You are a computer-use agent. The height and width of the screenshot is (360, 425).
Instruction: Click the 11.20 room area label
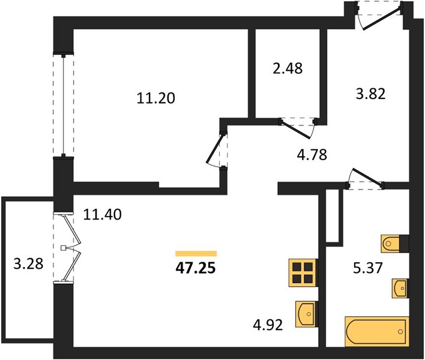(x=156, y=98)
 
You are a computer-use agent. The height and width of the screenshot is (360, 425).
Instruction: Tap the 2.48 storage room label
(x=288, y=68)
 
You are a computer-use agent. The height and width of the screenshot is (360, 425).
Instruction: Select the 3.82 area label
(x=370, y=94)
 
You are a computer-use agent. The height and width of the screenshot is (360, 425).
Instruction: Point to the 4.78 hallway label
(x=312, y=155)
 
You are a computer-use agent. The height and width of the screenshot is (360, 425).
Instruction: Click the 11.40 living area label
(x=102, y=215)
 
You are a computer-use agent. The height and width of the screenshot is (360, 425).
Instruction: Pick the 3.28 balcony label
(x=28, y=263)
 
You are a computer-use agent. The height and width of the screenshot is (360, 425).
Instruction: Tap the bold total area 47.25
(x=196, y=268)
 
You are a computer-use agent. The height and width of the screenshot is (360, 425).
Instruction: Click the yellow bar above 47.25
(x=196, y=254)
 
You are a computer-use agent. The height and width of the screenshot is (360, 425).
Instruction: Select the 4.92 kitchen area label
(x=268, y=325)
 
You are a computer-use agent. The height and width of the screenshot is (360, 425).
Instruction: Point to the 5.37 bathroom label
(x=368, y=268)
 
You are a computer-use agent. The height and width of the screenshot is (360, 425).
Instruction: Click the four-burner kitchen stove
(x=303, y=272)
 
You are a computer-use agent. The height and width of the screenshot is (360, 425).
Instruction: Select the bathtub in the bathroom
(x=377, y=332)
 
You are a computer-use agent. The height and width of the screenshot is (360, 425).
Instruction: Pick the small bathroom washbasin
(x=400, y=289)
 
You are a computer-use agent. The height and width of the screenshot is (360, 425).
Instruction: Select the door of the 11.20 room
(x=217, y=150)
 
